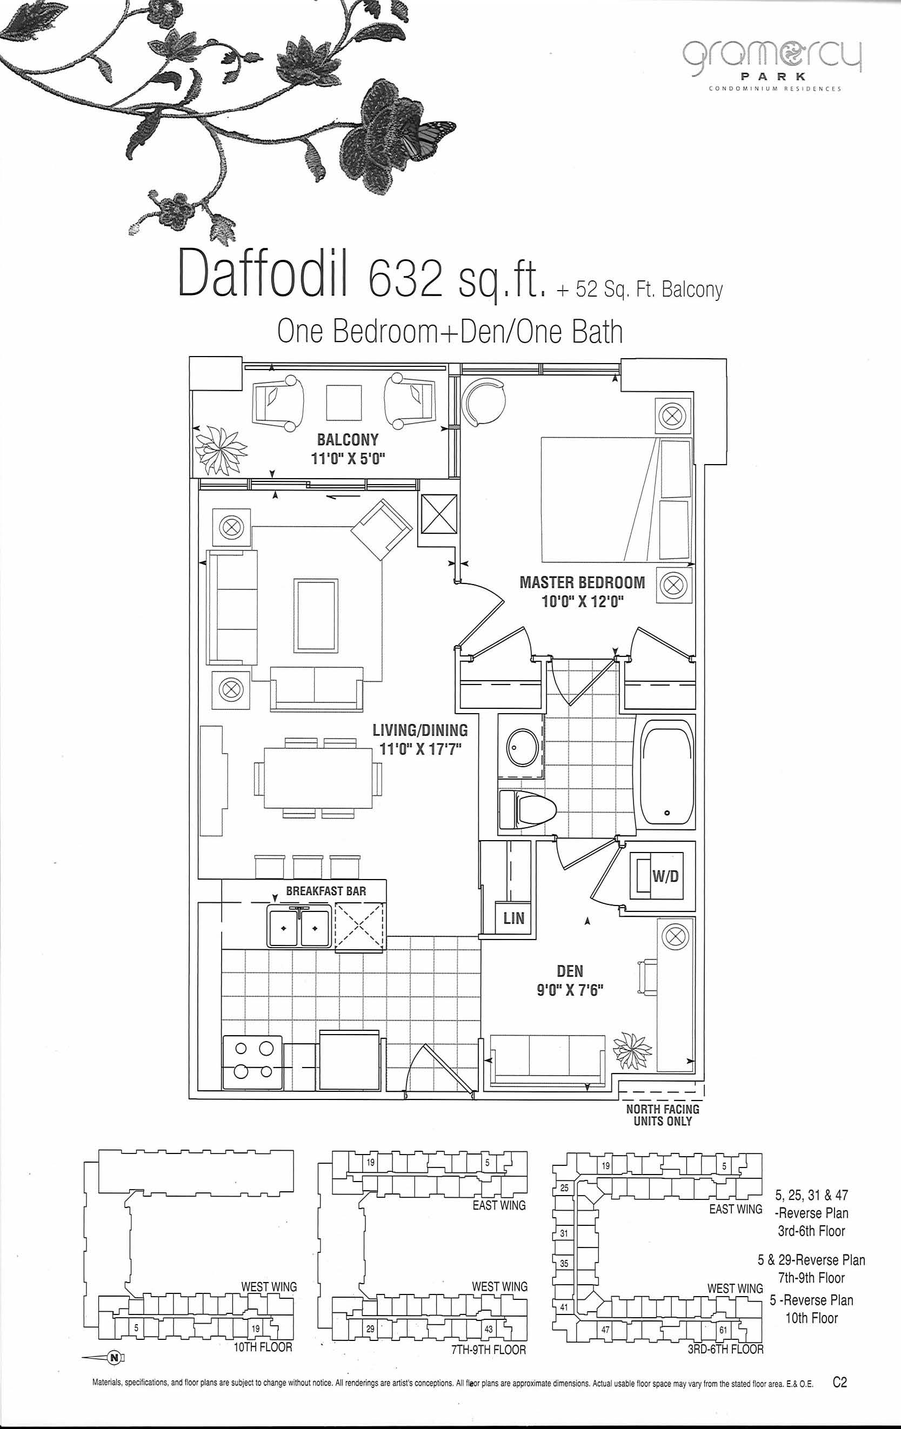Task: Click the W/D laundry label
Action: pos(665,876)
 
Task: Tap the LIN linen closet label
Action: pos(513,918)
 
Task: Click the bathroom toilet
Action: pos(526,809)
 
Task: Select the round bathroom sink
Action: pos(522,748)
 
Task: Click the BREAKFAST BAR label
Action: pos(326,891)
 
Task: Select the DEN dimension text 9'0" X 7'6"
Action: pos(570,990)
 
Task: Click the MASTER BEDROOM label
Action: pos(582,582)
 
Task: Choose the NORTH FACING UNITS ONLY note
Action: pos(663,1115)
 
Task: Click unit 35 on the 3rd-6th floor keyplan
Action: pos(564,1263)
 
